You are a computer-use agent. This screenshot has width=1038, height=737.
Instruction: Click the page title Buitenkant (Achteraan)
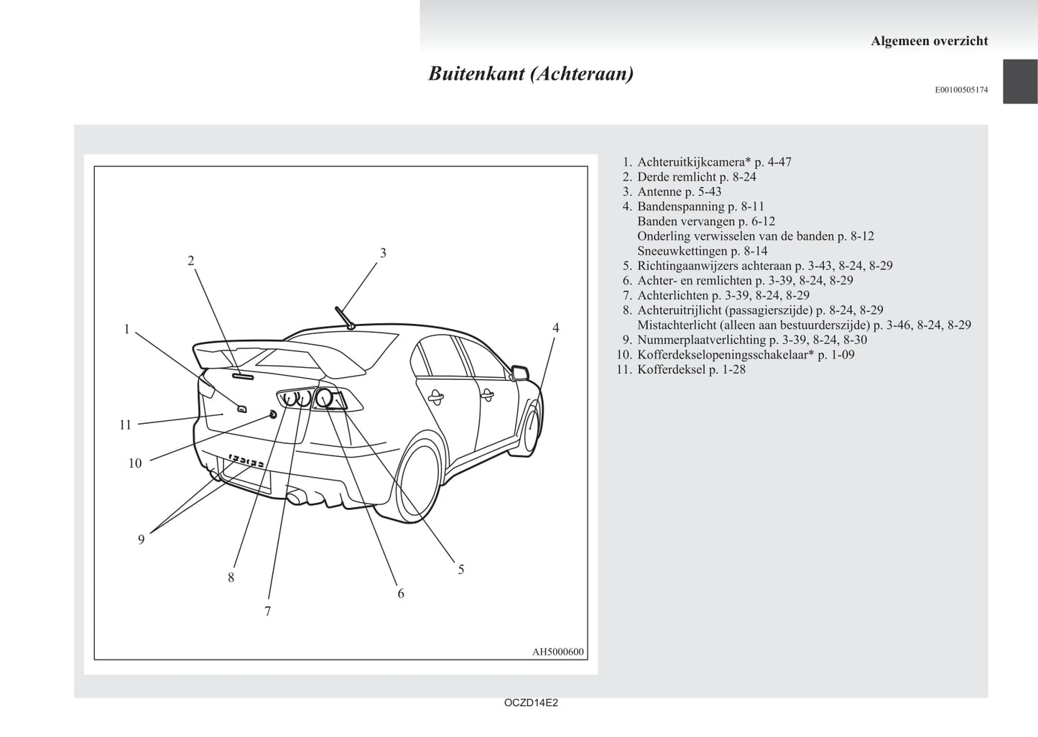coord(531,74)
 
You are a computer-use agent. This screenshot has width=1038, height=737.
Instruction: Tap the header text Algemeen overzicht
coord(929,41)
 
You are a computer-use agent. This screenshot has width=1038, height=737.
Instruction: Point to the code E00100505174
coord(961,90)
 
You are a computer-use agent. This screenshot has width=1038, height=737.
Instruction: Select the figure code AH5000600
coord(557,652)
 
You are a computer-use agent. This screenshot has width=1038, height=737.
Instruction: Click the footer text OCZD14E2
coord(531,703)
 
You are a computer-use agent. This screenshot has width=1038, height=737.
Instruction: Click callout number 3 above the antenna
coord(383,253)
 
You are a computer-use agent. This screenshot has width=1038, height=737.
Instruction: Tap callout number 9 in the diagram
coord(142,539)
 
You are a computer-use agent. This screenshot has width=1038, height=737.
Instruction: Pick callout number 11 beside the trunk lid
coord(126,425)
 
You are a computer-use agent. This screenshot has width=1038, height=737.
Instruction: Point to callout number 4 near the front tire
coord(555,328)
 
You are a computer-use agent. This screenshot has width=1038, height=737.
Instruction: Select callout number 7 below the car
coord(267,611)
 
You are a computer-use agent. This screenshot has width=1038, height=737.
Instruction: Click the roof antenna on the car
coord(345,318)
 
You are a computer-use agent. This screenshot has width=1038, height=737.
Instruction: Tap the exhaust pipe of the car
coord(296,498)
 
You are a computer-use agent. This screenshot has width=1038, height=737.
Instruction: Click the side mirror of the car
coord(520,373)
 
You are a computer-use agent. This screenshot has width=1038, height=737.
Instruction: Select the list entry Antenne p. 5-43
coord(680,192)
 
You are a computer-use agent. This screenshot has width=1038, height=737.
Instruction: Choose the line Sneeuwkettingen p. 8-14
coord(703,251)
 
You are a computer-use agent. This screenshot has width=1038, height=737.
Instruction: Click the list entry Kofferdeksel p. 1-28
coord(691,369)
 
